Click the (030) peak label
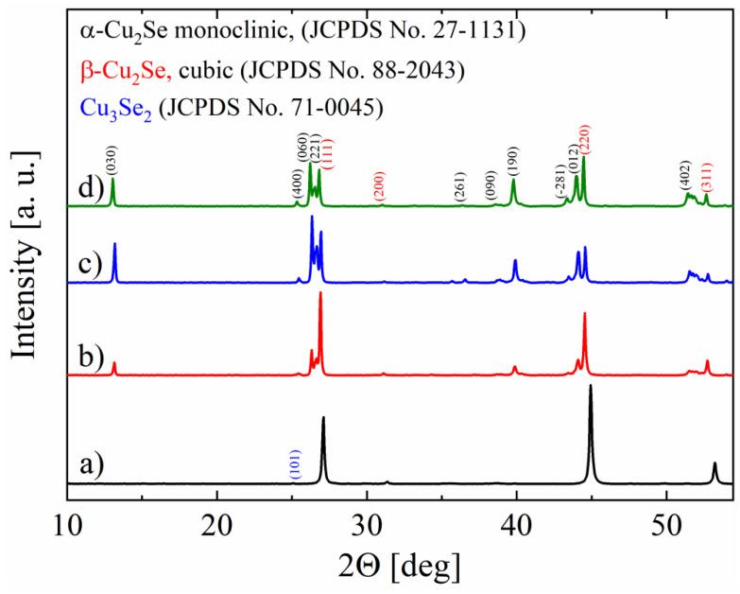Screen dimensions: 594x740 pos(112,163)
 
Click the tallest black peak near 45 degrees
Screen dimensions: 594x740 pos(591,387)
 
